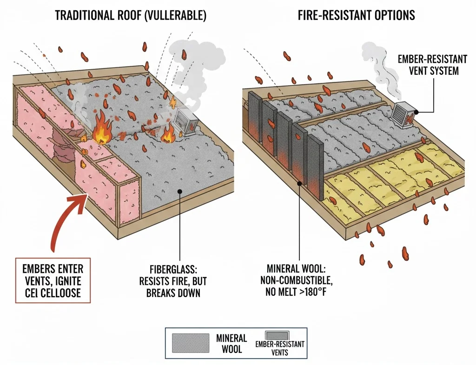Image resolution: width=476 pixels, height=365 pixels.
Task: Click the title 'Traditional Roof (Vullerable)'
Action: [131, 15]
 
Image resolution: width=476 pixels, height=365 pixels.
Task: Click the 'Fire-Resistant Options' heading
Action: [356, 15]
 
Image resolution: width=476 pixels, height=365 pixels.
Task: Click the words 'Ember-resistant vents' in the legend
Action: [279, 348]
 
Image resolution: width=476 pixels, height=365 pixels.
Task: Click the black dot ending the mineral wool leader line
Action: [301, 184]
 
